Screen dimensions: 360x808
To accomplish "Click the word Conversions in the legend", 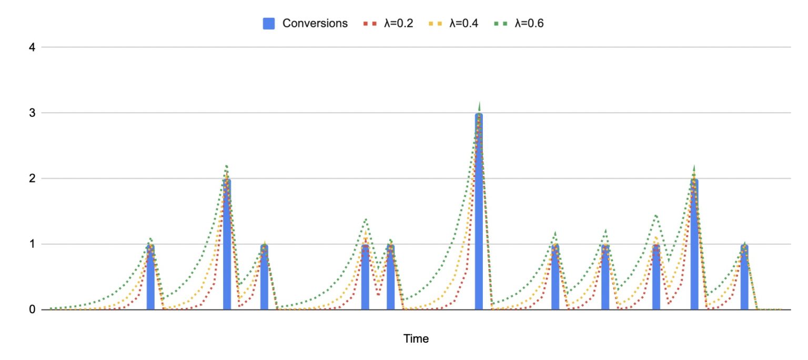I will [315, 23].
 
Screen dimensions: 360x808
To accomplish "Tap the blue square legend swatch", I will [269, 23].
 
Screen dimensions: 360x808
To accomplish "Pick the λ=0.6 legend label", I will [529, 23].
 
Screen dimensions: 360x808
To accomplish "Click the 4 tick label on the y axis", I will [32, 47].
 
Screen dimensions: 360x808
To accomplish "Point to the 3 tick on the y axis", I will [32, 113].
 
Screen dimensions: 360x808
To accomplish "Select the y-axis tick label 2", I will [32, 178].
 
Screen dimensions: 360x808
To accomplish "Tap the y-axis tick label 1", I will [32, 244].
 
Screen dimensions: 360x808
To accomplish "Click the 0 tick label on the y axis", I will [32, 309].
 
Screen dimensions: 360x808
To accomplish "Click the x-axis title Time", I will [416, 338].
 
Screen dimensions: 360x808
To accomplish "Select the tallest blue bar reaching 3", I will [479, 211].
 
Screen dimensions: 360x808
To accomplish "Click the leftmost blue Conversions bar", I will [150, 277].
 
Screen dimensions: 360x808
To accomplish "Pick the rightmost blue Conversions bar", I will [744, 277].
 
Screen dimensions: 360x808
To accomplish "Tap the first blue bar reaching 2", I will [227, 244].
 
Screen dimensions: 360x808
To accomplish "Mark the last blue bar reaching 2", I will [694, 244].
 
